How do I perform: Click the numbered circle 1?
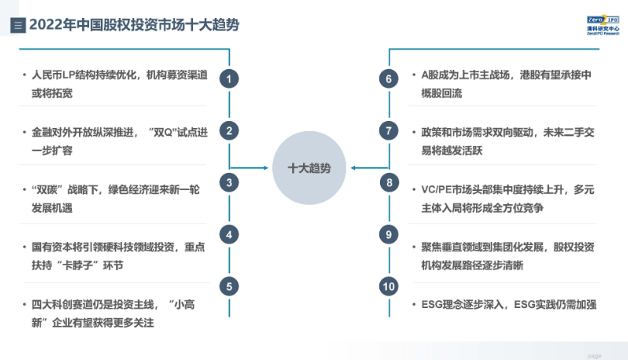(229, 78)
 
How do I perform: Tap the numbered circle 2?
(229, 130)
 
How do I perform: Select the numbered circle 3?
(229, 183)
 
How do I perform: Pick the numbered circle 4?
(229, 234)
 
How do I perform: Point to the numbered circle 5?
(229, 286)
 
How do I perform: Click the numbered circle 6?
(388, 78)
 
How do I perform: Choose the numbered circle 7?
(388, 130)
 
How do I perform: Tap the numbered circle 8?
(389, 183)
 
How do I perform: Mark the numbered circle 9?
(388, 234)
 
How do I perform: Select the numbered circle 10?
(388, 286)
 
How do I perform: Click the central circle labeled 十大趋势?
(309, 168)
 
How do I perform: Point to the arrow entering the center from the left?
(249, 168)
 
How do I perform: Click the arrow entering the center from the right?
(369, 168)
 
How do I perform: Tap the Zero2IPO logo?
(602, 26)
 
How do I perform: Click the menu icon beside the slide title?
(18, 26)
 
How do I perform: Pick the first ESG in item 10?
(431, 305)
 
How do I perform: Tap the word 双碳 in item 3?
(47, 189)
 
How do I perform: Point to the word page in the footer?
(595, 355)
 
